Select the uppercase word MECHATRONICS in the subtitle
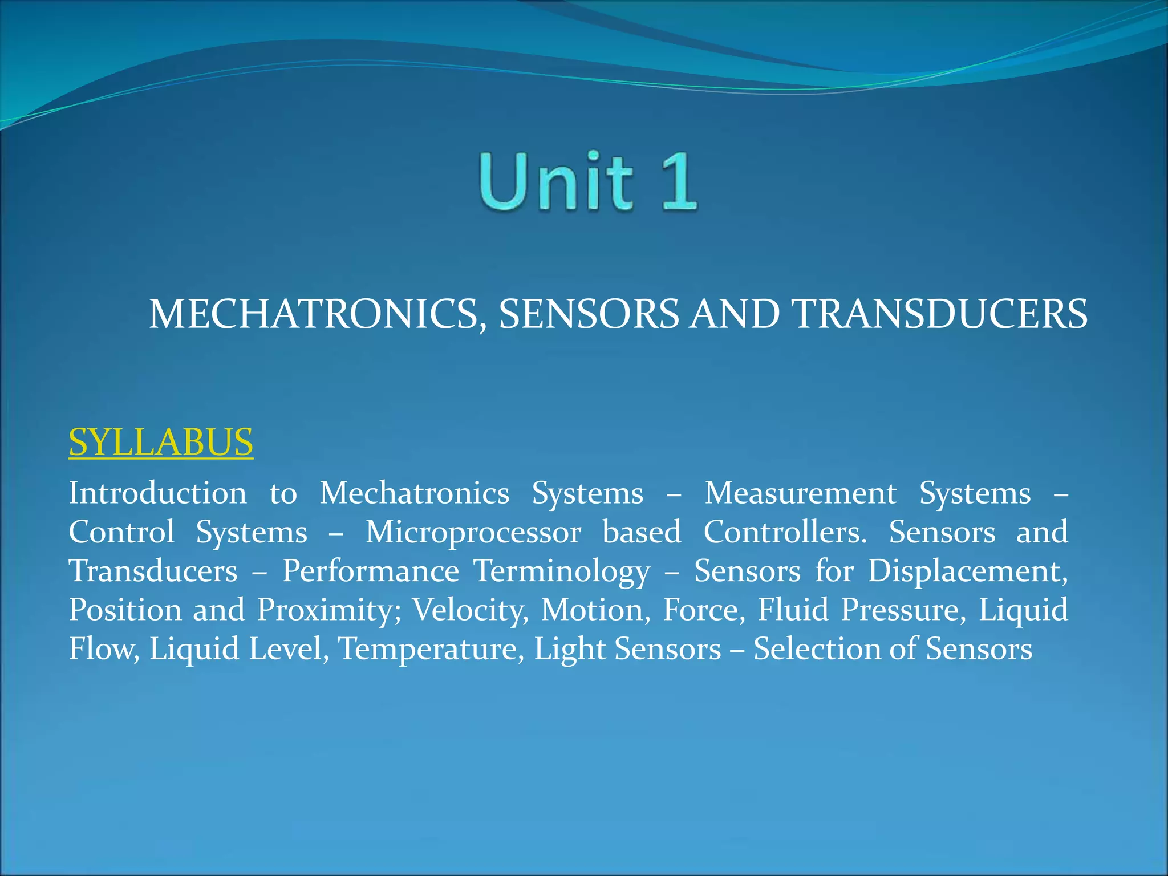[x=313, y=314]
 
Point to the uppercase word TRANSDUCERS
[x=941, y=314]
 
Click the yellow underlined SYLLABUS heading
[x=161, y=442]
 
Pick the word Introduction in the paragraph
[x=157, y=493]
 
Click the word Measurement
[x=800, y=493]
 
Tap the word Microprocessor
[x=473, y=532]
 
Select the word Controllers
[x=785, y=532]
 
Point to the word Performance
[x=371, y=571]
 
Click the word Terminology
[x=562, y=572]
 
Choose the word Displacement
[x=968, y=571]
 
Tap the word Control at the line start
[x=121, y=532]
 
